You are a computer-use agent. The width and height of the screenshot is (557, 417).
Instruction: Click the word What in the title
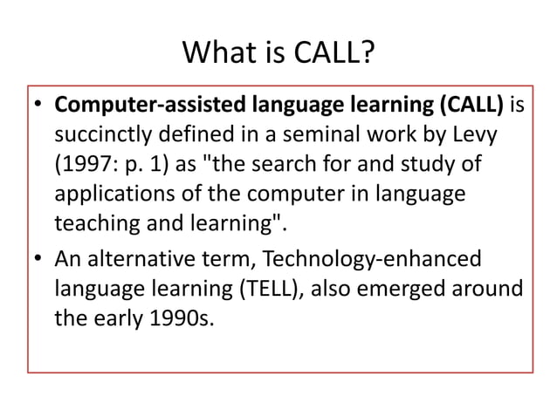(x=218, y=55)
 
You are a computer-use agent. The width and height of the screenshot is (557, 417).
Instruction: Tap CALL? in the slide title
(x=337, y=55)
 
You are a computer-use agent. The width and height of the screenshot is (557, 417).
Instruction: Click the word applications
(x=110, y=194)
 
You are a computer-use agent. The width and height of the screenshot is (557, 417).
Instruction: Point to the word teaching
(x=93, y=222)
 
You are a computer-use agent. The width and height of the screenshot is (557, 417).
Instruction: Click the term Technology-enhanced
(x=371, y=259)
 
